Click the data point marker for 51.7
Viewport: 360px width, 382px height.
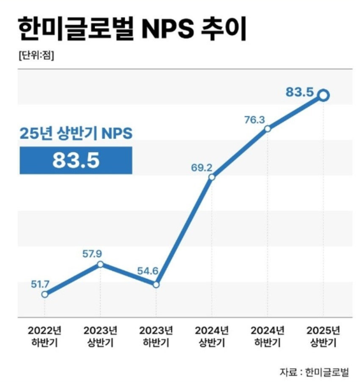pos(45,294)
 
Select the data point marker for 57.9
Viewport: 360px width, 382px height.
pos(100,264)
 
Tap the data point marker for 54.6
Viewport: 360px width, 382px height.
pos(156,284)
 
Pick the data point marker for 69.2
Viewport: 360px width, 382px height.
pos(212,177)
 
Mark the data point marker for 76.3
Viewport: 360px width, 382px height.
pos(268,129)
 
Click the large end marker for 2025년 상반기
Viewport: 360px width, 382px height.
pos(323,95)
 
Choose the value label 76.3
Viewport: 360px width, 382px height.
pos(254,118)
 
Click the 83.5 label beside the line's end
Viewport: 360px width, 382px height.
pos(299,93)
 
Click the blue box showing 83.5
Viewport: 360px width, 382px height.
pos(76,160)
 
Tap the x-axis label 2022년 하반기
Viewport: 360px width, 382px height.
pos(45,337)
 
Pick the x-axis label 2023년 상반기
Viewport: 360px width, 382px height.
pos(100,337)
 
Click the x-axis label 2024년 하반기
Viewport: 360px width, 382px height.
pos(268,337)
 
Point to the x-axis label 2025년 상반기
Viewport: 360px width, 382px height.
pos(323,337)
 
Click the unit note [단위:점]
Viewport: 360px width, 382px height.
pos(36,55)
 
